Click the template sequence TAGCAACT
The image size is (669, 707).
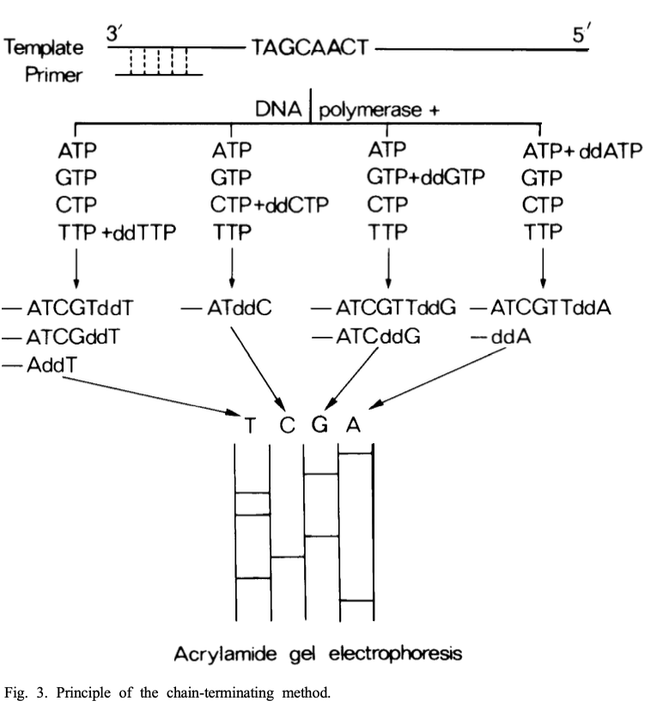click(310, 48)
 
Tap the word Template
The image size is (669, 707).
click(44, 48)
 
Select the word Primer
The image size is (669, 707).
click(53, 75)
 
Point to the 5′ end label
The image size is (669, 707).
click(581, 34)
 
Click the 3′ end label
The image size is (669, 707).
click(114, 34)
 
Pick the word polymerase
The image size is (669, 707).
click(370, 111)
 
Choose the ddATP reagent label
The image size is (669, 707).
click(611, 150)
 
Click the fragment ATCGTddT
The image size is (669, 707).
click(80, 308)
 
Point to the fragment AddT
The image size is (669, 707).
click(52, 365)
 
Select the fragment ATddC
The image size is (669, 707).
click(240, 308)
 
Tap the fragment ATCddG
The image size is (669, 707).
click(378, 337)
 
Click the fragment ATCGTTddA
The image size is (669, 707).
click(550, 308)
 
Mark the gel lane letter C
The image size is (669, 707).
click(287, 425)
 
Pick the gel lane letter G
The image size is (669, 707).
click(319, 424)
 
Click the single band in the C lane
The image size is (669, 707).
click(287, 558)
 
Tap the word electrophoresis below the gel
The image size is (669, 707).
click(395, 655)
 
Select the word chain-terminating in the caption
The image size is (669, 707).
click(221, 692)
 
